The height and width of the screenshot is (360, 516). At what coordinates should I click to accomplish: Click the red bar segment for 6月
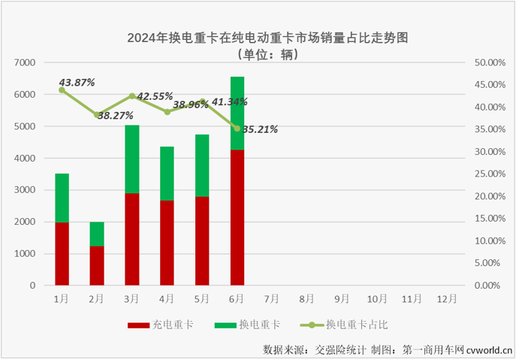tap(237, 218)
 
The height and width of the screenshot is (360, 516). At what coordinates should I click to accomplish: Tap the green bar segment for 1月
tap(62, 198)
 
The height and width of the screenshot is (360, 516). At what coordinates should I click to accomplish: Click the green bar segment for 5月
tap(202, 165)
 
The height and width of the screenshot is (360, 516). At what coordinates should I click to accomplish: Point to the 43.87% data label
tap(77, 82)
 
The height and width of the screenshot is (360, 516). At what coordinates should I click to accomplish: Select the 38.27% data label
tap(115, 116)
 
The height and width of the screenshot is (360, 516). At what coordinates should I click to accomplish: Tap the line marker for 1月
tap(62, 90)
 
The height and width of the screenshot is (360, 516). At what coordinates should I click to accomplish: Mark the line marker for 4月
tap(167, 112)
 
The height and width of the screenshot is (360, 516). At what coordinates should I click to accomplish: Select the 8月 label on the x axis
tap(306, 298)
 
